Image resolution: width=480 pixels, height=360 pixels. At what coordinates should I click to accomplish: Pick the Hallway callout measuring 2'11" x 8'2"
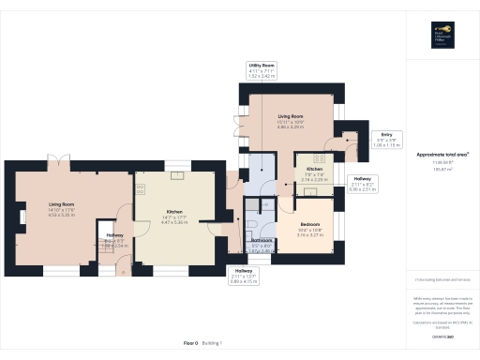point(362,182)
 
